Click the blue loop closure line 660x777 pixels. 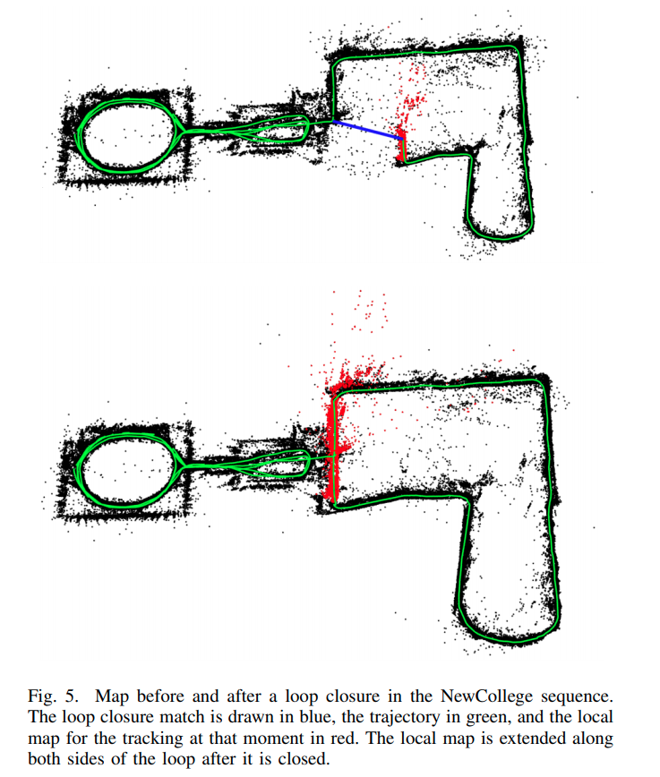[367, 130]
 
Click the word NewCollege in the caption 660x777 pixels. [486, 696]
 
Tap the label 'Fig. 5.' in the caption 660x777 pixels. [53, 696]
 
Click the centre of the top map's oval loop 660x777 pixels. [128, 136]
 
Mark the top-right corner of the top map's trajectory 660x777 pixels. [518, 48]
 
